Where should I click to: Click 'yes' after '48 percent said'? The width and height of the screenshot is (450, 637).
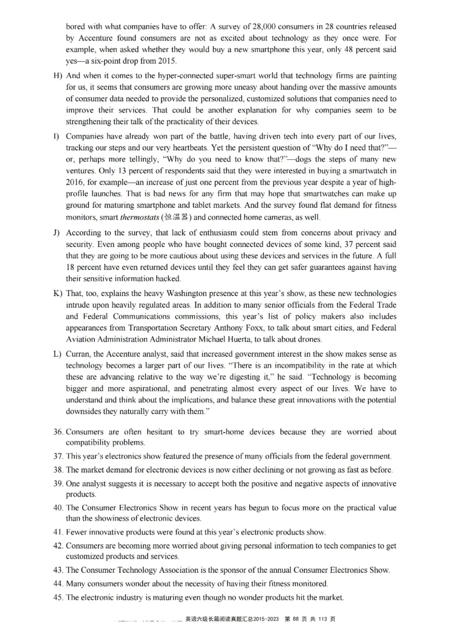point(72,61)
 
